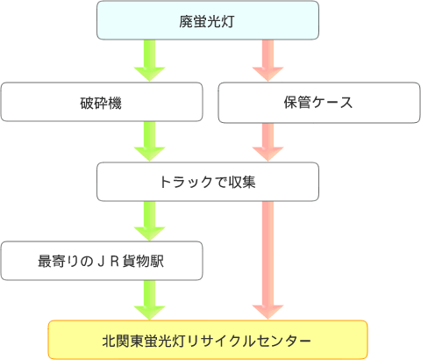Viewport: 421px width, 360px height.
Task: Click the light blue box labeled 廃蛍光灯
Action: (208, 20)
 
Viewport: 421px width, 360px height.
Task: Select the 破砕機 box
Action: (102, 102)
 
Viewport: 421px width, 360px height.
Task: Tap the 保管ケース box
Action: (319, 103)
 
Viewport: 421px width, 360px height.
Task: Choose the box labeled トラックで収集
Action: (208, 182)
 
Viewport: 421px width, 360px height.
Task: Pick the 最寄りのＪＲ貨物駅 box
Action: (102, 261)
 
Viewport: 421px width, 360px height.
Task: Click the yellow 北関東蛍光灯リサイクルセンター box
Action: (208, 340)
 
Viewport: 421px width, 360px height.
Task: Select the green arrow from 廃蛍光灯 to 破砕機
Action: (150, 61)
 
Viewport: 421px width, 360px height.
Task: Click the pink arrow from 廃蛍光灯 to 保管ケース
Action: (268, 61)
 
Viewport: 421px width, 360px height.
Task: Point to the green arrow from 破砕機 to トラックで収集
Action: (150, 141)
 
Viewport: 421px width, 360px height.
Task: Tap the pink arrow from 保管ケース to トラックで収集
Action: (268, 142)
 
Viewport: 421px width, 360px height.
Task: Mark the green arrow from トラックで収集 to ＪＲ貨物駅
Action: (150, 221)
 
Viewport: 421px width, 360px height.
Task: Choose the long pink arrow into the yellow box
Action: (268, 261)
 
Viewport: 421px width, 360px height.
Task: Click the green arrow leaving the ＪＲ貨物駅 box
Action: (150, 300)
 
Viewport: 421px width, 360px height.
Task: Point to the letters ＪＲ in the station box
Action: (107, 262)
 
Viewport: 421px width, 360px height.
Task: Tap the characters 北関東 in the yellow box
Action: (123, 341)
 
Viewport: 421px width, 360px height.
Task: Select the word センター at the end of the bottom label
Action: (282, 341)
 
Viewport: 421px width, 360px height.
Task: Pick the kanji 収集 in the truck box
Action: (242, 182)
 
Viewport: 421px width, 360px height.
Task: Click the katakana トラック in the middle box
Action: (186, 182)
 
